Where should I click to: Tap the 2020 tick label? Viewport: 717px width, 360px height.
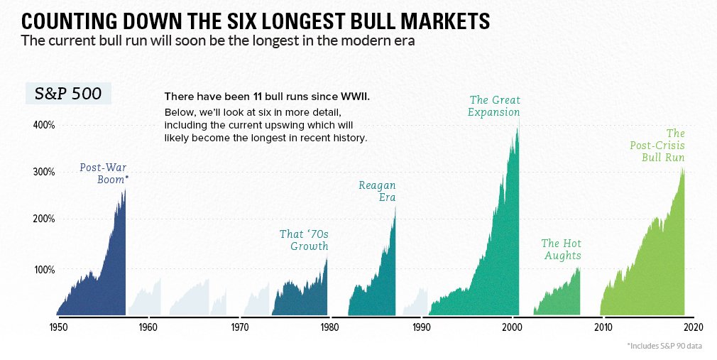(694, 327)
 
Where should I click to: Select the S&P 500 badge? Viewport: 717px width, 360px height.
(68, 94)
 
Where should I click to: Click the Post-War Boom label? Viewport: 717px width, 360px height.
(104, 173)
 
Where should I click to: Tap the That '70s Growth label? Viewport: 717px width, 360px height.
(304, 240)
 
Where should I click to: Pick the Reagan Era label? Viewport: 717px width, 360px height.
(377, 191)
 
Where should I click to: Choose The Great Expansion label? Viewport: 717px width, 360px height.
(495, 106)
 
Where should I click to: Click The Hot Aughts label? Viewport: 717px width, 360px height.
(562, 249)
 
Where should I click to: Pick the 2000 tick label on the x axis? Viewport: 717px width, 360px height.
(512, 327)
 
